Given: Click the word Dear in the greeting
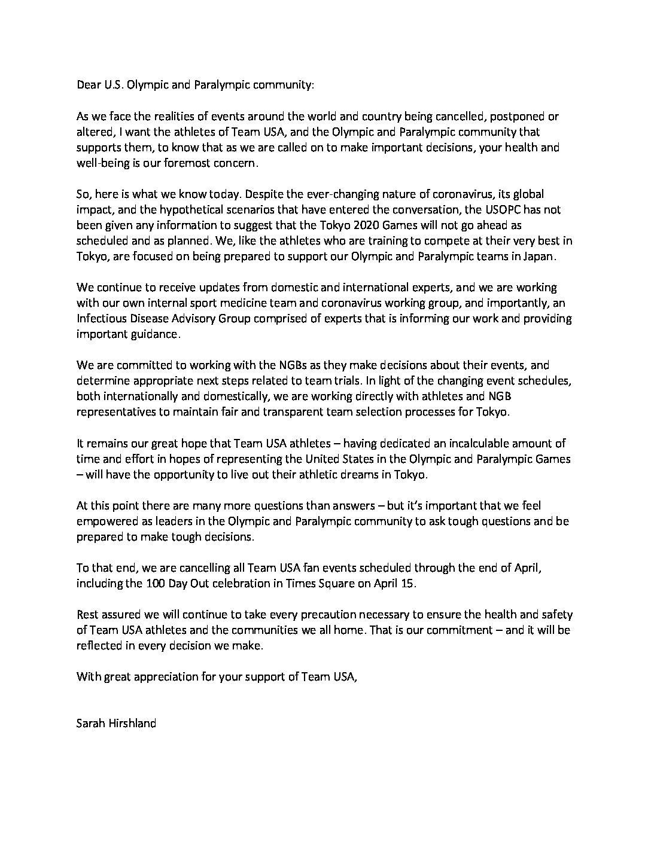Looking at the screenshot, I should coord(87,85).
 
